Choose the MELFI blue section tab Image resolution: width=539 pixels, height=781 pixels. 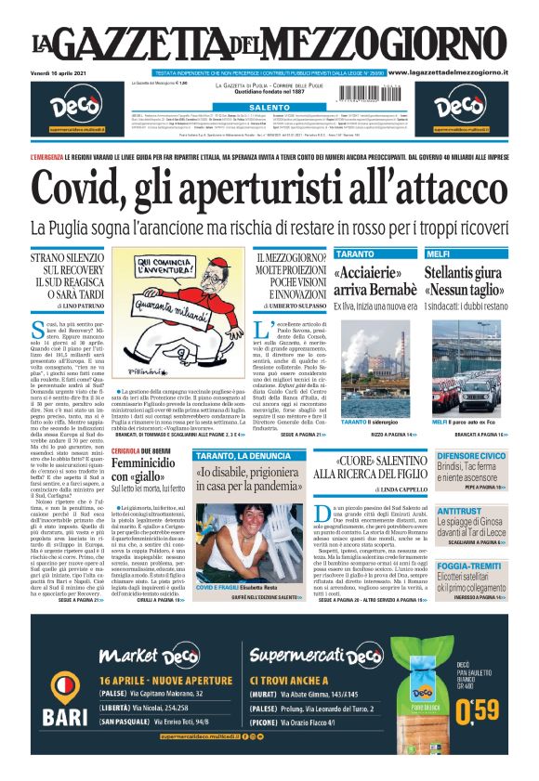point(439,254)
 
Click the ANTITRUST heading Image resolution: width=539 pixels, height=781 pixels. point(459,510)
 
